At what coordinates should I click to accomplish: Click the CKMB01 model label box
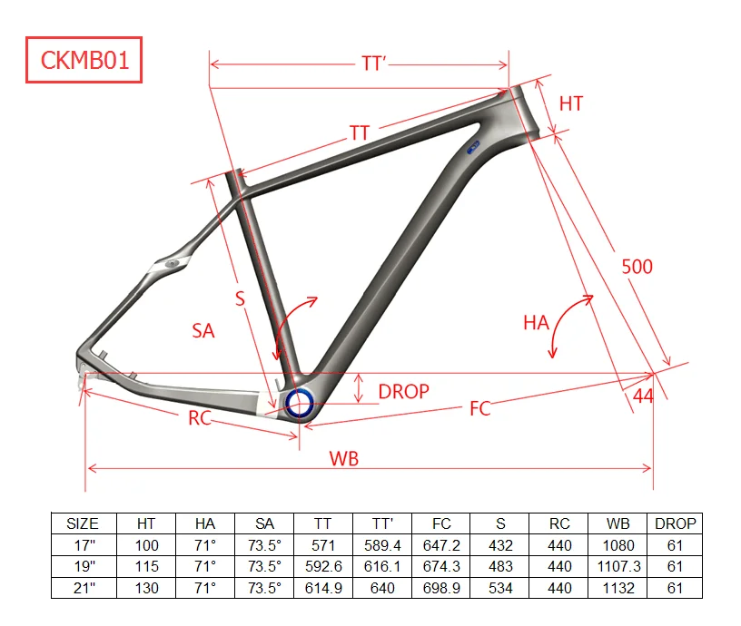point(84,60)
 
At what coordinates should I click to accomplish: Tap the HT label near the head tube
point(571,103)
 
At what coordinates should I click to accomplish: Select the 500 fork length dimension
point(637,267)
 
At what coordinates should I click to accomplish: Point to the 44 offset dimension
point(643,396)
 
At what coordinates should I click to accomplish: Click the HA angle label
point(536,322)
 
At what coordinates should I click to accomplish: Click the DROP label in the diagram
point(403,392)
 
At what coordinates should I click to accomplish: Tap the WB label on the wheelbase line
point(342,458)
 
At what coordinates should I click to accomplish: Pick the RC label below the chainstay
point(200,418)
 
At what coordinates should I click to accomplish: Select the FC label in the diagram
point(479,409)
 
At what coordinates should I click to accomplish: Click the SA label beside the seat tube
point(203,331)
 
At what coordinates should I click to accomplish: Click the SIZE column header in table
point(83,523)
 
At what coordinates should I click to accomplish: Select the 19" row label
point(83,566)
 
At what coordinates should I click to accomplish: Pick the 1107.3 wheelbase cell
point(617,566)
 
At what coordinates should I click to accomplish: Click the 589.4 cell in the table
point(382,545)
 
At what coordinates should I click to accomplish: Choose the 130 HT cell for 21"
point(146,588)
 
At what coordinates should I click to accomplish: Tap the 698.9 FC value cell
point(441,588)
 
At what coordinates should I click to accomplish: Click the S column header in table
point(500,523)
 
